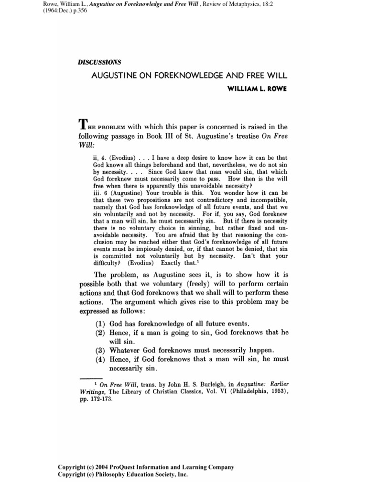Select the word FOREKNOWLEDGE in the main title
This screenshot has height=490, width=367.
point(171,76)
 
